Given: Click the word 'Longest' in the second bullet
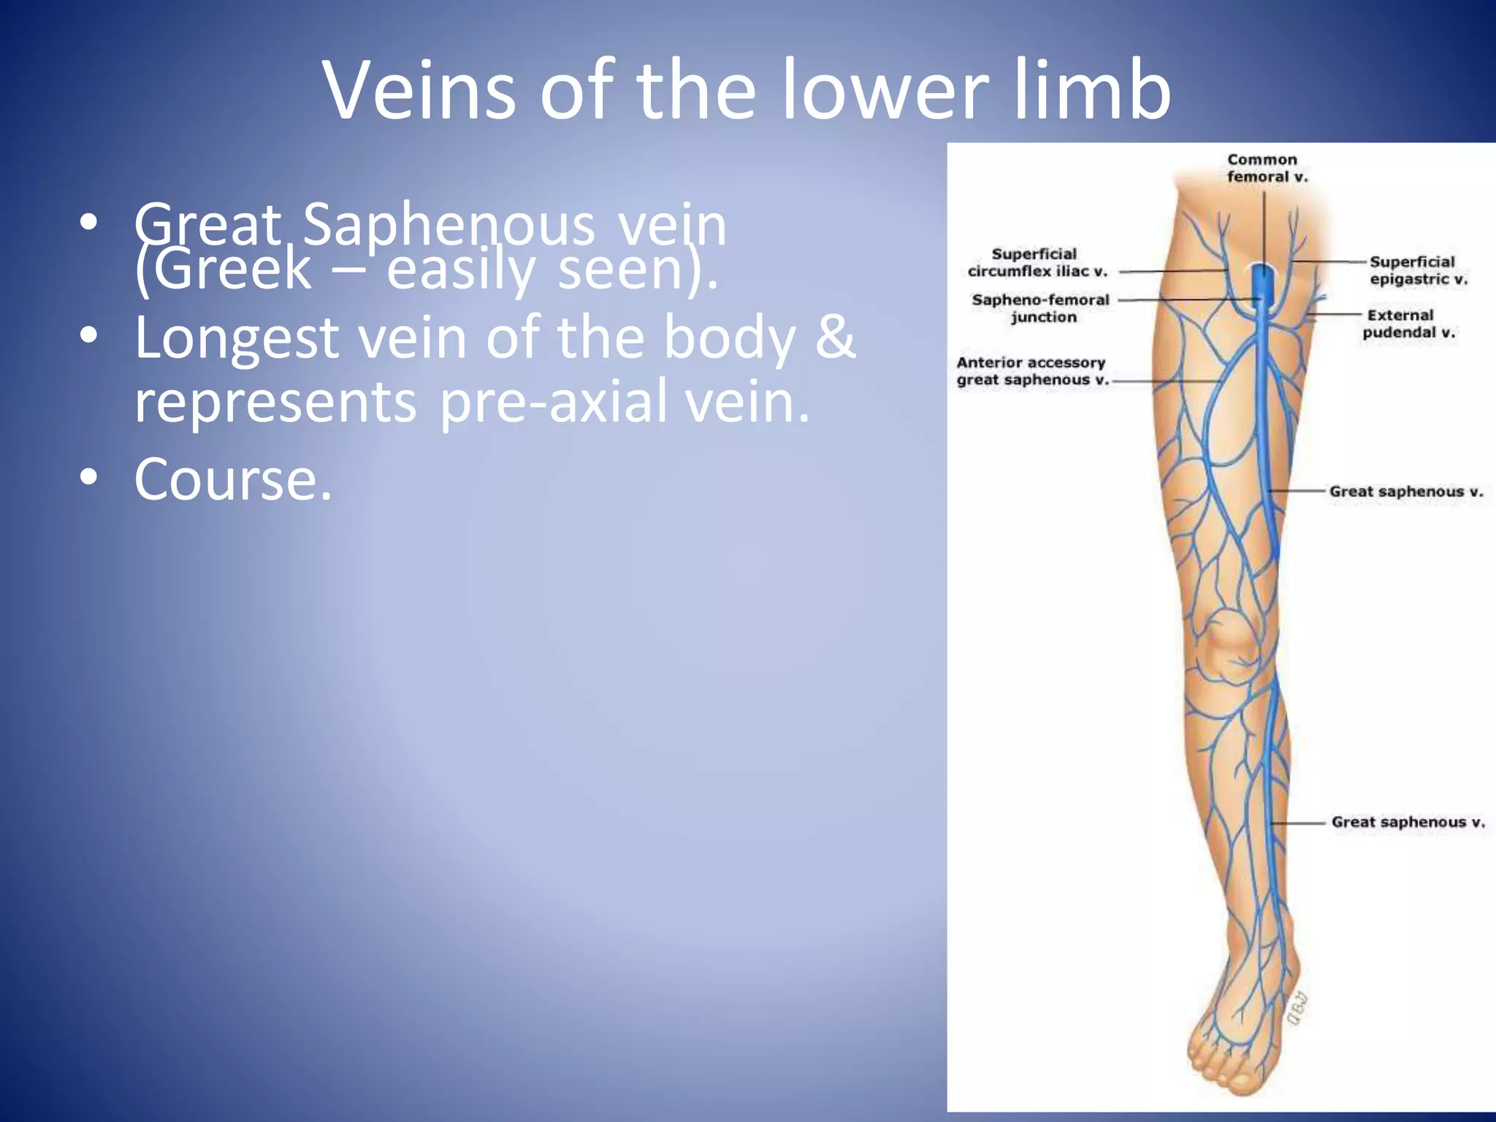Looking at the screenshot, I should [x=237, y=337].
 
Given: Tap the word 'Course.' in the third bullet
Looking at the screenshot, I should [x=233, y=479].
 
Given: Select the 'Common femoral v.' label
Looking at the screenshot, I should [x=1266, y=168].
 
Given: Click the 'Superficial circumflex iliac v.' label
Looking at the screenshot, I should [x=1037, y=262].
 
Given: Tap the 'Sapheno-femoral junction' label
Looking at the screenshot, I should [x=1041, y=308].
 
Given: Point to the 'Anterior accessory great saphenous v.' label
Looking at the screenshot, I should [x=1031, y=371].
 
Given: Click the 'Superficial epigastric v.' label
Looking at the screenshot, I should [x=1417, y=270].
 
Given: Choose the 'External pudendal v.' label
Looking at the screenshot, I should [x=1408, y=324].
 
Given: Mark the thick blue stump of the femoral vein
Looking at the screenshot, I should [x=1262, y=281].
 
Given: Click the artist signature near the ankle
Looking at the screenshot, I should [x=1297, y=1010].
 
